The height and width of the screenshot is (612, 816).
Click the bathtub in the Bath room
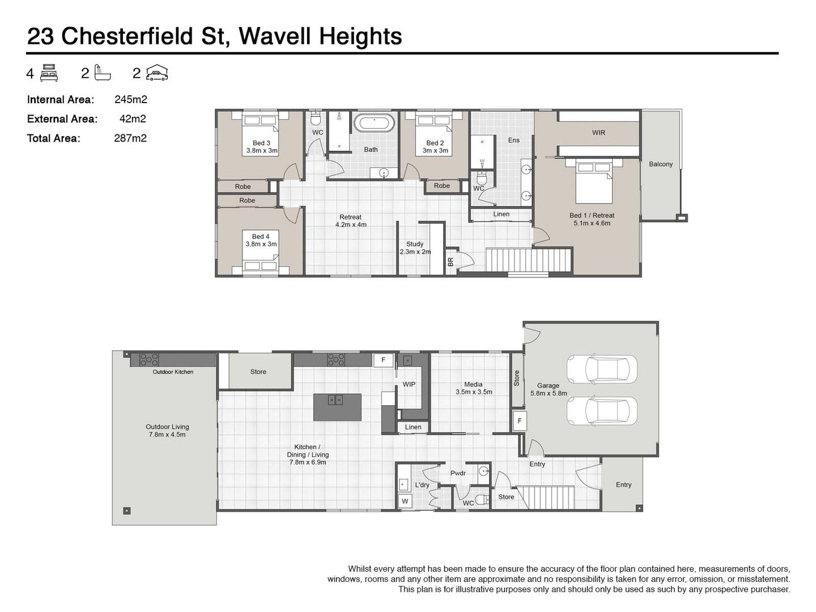[x=374, y=123]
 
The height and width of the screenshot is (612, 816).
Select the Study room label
[x=414, y=244]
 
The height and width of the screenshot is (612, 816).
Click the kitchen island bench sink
[x=335, y=400]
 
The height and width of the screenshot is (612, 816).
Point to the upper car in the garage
[x=601, y=369]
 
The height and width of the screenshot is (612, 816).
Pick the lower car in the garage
[x=601, y=411]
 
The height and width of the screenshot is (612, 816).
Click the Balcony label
[x=661, y=164]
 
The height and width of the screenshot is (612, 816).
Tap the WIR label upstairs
[x=598, y=133]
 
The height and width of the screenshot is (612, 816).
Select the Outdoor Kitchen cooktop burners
[x=148, y=359]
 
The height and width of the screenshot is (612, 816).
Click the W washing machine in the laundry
[x=405, y=501]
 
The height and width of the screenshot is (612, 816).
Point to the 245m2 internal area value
[x=131, y=100]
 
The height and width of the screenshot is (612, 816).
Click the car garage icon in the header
[x=157, y=73]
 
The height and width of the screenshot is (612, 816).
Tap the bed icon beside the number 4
[x=49, y=73]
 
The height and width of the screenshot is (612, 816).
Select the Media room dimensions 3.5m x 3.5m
[x=474, y=392]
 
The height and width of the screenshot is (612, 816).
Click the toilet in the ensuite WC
[x=482, y=178]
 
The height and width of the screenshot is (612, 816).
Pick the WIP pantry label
[x=409, y=384]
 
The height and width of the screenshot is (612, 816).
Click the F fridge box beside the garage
[x=519, y=421]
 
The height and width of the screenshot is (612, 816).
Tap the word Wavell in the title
[x=275, y=36]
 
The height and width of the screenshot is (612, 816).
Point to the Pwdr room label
[x=458, y=473]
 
